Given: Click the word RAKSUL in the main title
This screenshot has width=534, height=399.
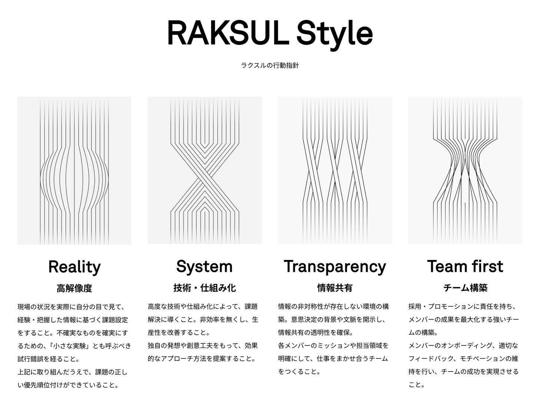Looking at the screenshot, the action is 227,33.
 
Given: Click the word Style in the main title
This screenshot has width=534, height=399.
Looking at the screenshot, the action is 334,33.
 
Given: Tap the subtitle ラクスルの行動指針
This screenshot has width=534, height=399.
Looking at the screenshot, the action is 270,66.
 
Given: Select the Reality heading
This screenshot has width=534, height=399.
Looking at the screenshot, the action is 74,267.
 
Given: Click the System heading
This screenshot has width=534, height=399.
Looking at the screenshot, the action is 204,266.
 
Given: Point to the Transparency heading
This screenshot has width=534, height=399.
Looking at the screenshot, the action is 334,266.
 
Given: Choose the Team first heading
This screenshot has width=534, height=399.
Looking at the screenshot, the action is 465,266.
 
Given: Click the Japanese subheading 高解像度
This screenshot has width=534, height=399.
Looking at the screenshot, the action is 74,288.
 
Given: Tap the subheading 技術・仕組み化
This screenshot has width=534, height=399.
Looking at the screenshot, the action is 204,288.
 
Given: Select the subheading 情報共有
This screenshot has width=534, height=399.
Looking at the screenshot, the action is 334,288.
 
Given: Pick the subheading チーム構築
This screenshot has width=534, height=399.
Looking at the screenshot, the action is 465,288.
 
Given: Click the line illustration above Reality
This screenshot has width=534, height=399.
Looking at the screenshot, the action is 74,171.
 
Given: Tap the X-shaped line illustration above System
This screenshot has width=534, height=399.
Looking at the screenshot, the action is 204,171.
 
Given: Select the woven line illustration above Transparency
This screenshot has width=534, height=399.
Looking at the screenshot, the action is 334,171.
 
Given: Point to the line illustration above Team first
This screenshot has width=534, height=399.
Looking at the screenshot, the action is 465,171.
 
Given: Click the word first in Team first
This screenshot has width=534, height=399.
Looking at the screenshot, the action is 487,266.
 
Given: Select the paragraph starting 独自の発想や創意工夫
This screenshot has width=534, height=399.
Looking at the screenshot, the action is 202,352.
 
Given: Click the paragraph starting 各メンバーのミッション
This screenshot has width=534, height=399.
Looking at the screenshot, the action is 333,359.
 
